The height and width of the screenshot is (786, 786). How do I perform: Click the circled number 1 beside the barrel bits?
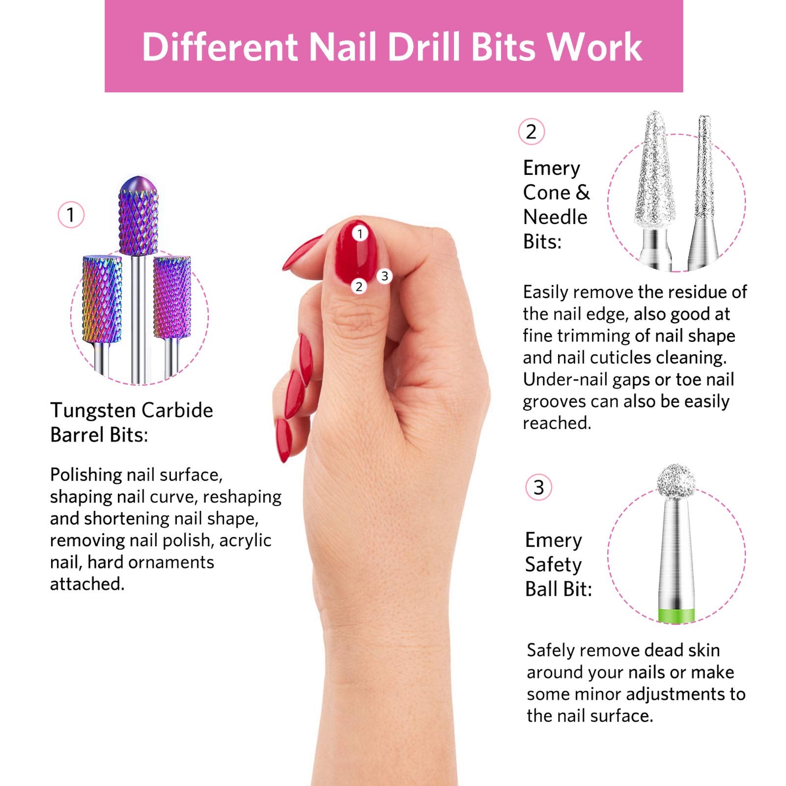[71, 215]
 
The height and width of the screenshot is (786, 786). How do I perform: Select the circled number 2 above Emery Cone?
[532, 132]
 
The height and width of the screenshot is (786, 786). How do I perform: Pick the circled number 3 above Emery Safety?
[539, 487]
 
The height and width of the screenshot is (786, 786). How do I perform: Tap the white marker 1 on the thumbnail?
[360, 233]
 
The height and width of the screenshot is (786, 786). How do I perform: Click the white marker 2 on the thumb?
[359, 286]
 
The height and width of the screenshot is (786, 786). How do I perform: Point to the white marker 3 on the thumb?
[385, 276]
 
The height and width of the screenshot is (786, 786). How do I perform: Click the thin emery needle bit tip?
[704, 117]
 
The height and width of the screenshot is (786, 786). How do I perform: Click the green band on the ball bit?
[676, 615]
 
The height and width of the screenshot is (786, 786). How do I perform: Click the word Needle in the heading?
[555, 217]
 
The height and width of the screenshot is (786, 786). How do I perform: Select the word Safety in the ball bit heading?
[553, 565]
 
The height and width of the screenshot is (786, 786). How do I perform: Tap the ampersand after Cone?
[583, 192]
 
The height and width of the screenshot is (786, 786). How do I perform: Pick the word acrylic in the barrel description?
[245, 540]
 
